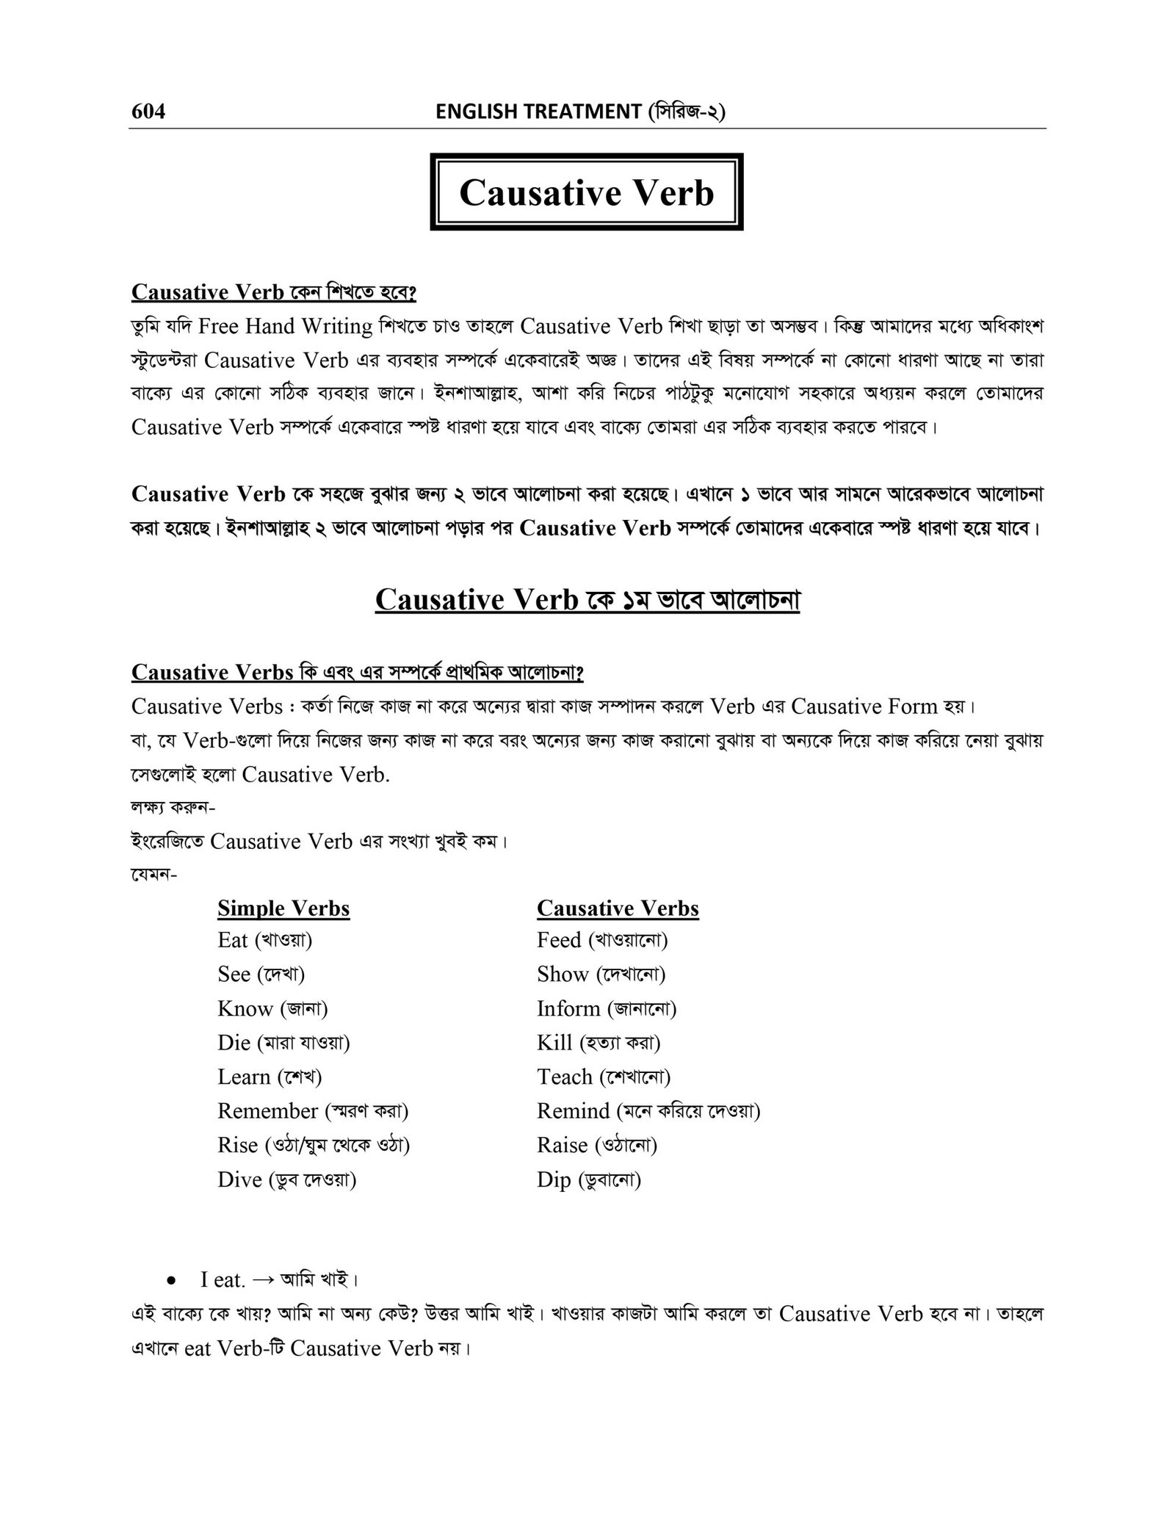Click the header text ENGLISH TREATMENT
(x=538, y=112)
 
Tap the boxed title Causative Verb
(x=586, y=192)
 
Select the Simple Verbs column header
(x=283, y=908)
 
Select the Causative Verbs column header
(x=618, y=908)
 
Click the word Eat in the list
(x=233, y=940)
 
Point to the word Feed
(x=559, y=940)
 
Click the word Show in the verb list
(x=563, y=975)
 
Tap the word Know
(x=245, y=1008)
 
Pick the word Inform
(x=568, y=1008)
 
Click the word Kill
(x=554, y=1043)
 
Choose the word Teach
(x=565, y=1077)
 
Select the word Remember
(x=268, y=1111)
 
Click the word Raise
(x=563, y=1145)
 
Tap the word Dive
(x=239, y=1179)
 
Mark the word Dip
(x=554, y=1180)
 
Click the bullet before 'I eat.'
(x=170, y=1281)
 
